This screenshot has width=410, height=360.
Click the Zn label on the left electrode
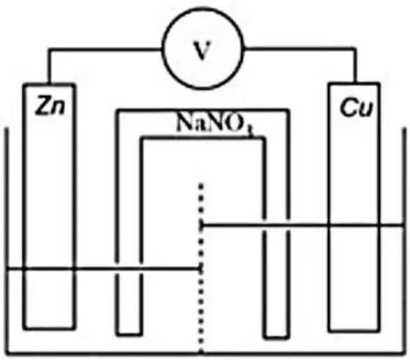[50, 106]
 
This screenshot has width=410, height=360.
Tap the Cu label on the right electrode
[357, 107]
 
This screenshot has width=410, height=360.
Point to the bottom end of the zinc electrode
[50, 327]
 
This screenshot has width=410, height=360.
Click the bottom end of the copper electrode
[354, 331]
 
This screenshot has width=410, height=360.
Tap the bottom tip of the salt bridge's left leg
[129, 334]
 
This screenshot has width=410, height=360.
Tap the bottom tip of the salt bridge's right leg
[277, 337]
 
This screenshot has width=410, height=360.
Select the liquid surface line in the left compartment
[104, 269]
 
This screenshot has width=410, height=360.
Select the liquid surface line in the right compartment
[302, 225]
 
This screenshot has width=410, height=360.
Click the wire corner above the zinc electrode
[49, 49]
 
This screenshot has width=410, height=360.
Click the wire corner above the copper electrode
[355, 49]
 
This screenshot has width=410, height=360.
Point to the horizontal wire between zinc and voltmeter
[105, 49]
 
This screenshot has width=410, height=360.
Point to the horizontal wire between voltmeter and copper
[299, 48]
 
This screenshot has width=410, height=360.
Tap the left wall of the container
[7, 240]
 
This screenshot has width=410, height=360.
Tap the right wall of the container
[404, 240]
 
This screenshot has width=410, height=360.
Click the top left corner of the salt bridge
[117, 110]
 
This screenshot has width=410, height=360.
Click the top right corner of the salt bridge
[288, 110]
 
